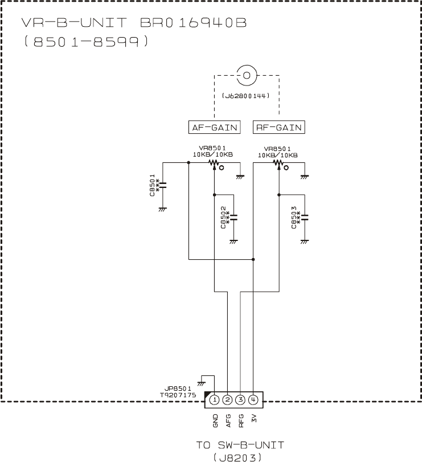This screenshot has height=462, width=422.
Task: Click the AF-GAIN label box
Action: click(214, 127)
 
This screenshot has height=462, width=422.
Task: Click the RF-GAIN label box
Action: click(278, 127)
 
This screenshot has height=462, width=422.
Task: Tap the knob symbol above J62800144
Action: click(246, 75)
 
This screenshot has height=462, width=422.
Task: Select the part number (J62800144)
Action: click(246, 97)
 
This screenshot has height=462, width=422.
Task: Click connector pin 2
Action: click(227, 400)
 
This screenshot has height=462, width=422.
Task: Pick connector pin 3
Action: click(240, 400)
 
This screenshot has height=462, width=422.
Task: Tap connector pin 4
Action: click(253, 400)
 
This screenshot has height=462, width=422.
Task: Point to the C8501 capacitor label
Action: click(153, 185)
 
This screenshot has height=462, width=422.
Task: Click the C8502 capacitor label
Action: click(224, 218)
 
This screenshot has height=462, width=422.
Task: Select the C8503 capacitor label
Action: click(294, 218)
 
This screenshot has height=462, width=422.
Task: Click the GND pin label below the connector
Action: click(215, 420)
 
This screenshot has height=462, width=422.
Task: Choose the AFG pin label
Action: click(228, 420)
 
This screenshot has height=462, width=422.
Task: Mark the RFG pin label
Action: click(241, 420)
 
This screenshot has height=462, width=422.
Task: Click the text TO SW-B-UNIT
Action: click(245, 444)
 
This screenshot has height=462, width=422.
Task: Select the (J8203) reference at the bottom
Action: click(245, 456)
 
